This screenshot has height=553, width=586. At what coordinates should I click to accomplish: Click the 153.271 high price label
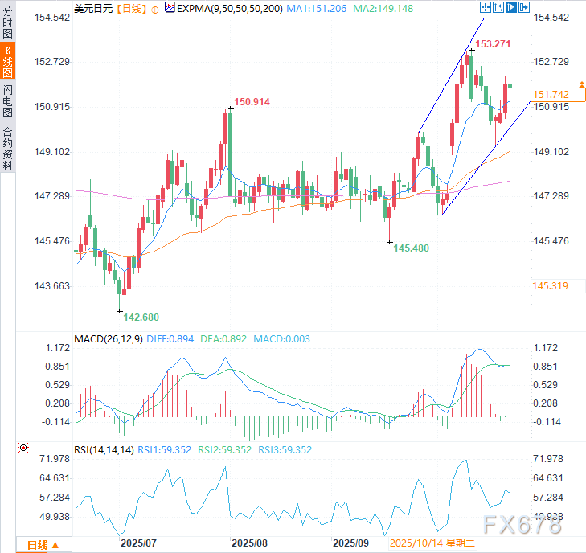coord(493,43)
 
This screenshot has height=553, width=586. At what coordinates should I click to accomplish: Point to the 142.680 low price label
coord(141,317)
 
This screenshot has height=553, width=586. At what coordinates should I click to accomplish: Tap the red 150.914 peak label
coord(252,102)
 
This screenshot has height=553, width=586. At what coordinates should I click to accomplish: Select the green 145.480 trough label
coord(411,248)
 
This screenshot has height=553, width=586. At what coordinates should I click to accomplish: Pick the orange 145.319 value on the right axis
coord(551,286)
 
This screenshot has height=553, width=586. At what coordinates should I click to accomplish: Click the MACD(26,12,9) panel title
coord(109,339)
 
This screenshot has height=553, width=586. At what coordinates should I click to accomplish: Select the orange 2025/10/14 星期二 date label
coord(432,543)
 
